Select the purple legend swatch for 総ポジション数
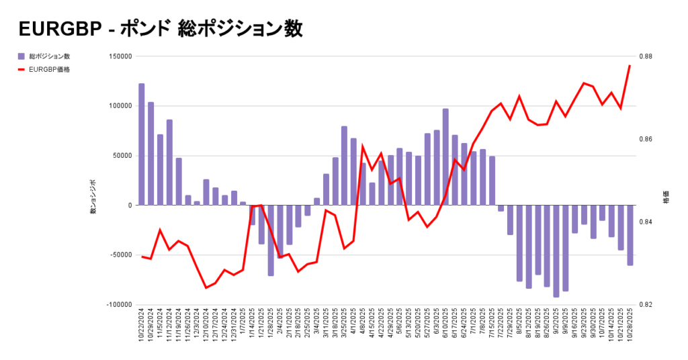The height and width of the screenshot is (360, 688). pyautogui.click(x=21, y=56)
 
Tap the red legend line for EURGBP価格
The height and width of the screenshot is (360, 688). pyautogui.click(x=21, y=69)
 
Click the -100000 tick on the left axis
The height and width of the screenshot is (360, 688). pyautogui.click(x=116, y=304)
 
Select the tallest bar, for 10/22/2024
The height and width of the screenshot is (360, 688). pyautogui.click(x=142, y=144)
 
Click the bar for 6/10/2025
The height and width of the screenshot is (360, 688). pyautogui.click(x=445, y=156)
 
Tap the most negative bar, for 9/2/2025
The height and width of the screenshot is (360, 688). pyautogui.click(x=556, y=251)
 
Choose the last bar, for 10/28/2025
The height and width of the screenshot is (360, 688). pyautogui.click(x=630, y=235)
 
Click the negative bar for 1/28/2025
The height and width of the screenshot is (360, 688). pyautogui.click(x=271, y=240)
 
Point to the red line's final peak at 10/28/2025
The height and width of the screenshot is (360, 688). pyautogui.click(x=630, y=66)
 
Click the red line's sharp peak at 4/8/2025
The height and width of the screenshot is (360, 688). pyautogui.click(x=363, y=146)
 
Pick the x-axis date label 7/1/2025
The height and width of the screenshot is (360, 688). pyautogui.click(x=473, y=325)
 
